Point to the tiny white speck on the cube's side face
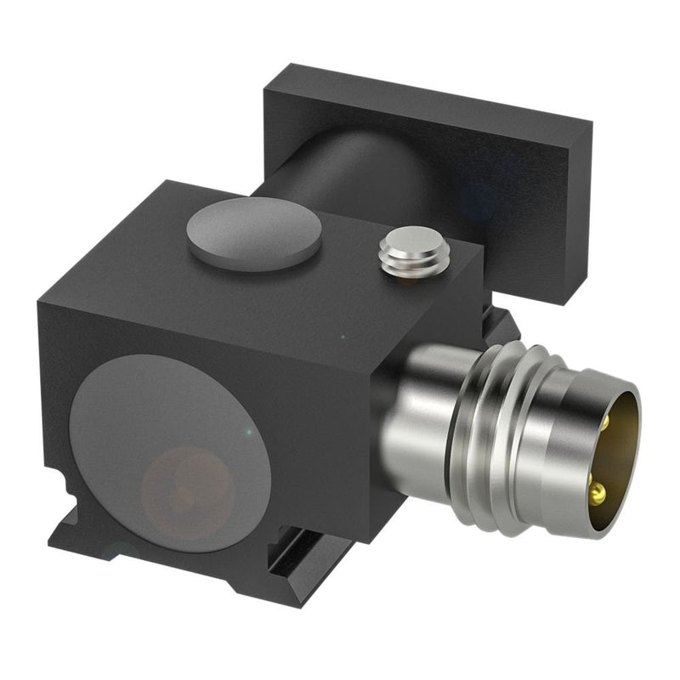pos(342,337)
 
